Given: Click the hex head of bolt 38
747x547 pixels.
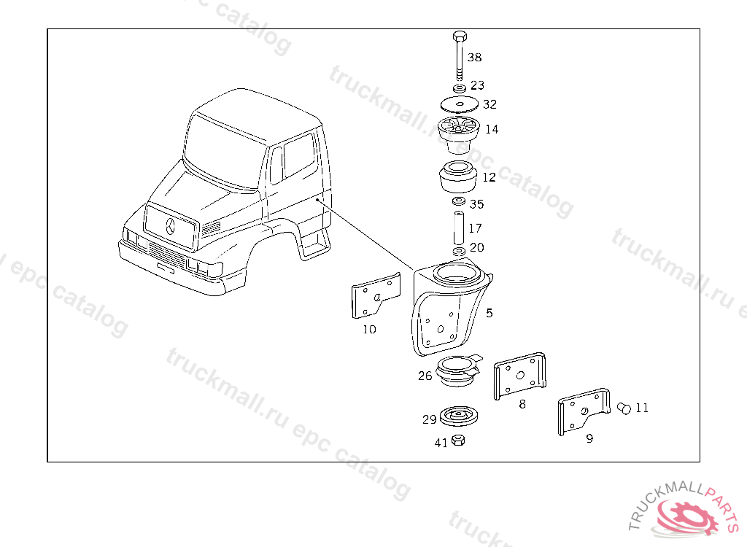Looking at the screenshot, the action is click(x=460, y=36).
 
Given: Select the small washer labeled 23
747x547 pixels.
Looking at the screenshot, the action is click(x=460, y=88).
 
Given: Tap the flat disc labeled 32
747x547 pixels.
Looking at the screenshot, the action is click(x=460, y=104).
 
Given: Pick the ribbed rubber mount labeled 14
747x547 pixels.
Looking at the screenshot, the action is click(x=458, y=135).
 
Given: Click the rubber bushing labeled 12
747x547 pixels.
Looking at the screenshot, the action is click(x=458, y=176).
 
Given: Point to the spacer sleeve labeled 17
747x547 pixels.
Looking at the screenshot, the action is click(x=459, y=228).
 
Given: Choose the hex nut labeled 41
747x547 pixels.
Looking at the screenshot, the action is click(x=458, y=441).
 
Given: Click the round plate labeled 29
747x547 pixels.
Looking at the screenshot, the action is click(x=459, y=416).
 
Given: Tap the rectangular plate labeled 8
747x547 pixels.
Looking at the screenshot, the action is click(x=519, y=376).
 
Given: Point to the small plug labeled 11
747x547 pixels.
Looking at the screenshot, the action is click(x=624, y=408).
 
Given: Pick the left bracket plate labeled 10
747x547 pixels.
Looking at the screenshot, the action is click(x=376, y=295).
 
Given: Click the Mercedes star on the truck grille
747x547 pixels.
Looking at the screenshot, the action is click(x=171, y=226).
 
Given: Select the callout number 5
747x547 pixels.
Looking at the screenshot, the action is click(x=489, y=313).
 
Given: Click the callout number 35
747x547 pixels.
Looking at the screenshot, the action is click(x=476, y=204).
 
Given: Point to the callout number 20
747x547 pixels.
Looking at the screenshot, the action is click(x=477, y=247).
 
